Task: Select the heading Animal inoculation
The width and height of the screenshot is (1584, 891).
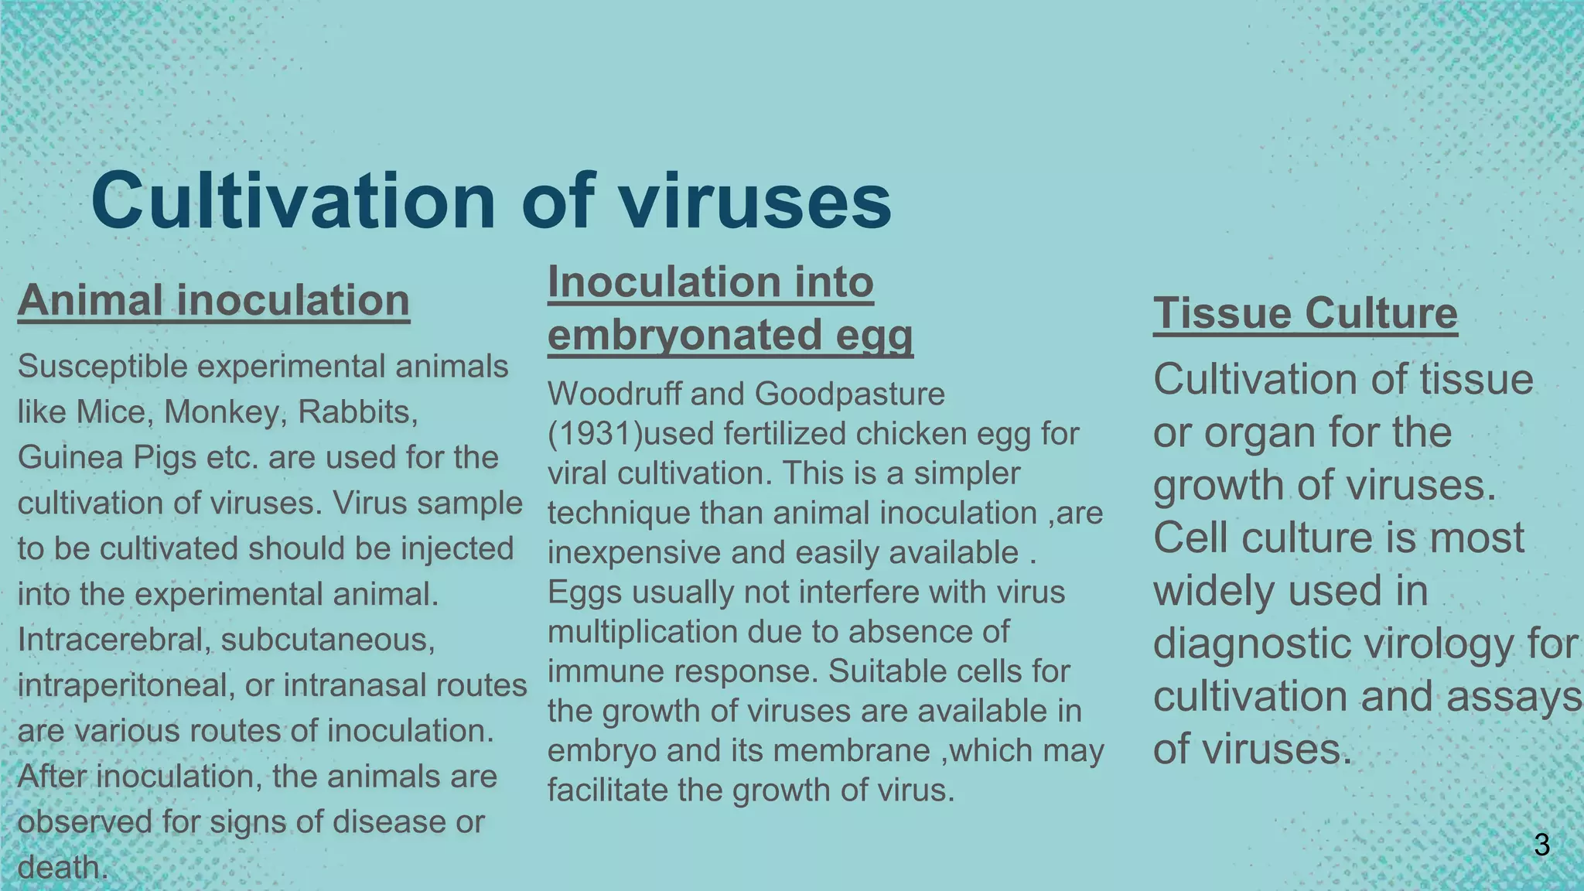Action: coord(213,300)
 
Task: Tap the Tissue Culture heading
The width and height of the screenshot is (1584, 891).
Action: coord(1305,313)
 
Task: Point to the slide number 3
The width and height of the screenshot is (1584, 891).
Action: coord(1541,845)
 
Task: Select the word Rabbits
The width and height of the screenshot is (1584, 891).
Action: coord(357,411)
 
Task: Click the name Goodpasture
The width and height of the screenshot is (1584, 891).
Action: coord(849,394)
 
